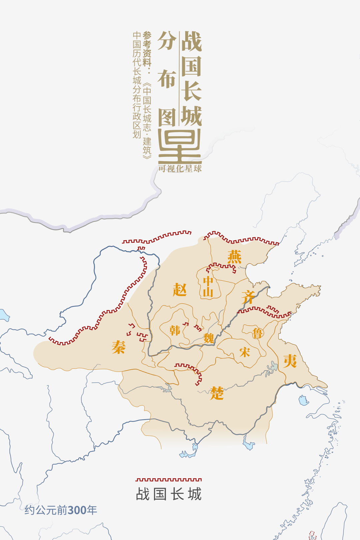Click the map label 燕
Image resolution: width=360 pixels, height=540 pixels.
tap(235, 257)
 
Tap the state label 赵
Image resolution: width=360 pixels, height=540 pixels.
tap(180, 289)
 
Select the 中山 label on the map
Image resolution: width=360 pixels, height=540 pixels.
tap(208, 286)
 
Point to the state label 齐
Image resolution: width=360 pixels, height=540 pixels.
tap(248, 297)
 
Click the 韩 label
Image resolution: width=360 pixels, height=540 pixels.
tap(175, 330)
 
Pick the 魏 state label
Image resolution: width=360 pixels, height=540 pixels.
tap(209, 338)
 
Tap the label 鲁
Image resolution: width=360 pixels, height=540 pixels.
tap(257, 333)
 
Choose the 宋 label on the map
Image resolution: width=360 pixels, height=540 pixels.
tap(245, 352)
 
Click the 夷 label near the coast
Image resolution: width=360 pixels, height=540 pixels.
tap(290, 361)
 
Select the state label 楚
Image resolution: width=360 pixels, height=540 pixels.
tap(217, 393)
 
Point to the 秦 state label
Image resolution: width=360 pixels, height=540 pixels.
tap(118, 347)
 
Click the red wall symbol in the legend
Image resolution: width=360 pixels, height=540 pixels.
tap(169, 480)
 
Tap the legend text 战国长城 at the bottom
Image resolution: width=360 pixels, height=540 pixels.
tap(169, 494)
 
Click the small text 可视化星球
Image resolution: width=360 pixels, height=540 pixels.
tap(180, 169)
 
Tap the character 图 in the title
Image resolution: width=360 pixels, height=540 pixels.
tap(167, 117)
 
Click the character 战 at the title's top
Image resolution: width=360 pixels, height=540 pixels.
tap(191, 41)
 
